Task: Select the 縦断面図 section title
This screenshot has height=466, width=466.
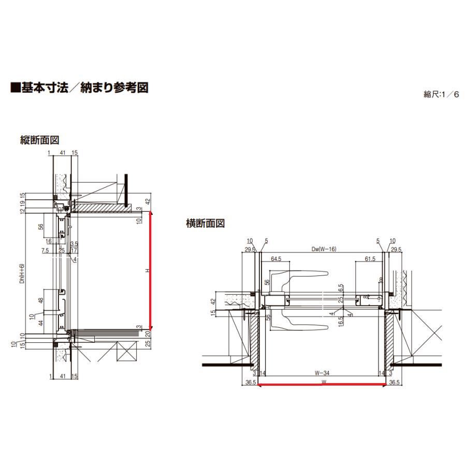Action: point(39,140)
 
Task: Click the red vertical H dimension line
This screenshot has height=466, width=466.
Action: point(151,272)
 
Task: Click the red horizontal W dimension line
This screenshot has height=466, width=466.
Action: point(322,384)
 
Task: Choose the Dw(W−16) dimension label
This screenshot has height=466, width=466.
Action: point(322,249)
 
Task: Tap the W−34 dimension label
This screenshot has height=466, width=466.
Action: point(322,372)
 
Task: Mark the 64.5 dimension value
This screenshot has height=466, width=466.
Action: point(275,258)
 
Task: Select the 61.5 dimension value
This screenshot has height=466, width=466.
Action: point(370,258)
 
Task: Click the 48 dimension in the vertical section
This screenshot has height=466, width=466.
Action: point(40,301)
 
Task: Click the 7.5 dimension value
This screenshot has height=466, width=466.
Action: point(46,250)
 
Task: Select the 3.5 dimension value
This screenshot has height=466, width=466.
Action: point(74,243)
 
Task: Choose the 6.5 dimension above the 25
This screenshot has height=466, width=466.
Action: point(341,288)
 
